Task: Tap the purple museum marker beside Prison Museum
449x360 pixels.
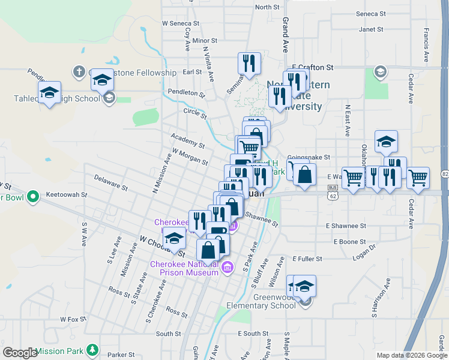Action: tap(226, 267)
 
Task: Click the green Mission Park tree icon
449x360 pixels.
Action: tap(92, 349)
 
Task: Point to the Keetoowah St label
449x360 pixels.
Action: tap(67, 195)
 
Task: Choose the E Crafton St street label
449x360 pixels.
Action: tap(312, 68)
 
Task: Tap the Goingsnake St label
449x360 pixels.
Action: tap(309, 157)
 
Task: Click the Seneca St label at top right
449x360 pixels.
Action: tap(370, 13)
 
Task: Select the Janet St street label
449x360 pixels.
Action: tap(370, 29)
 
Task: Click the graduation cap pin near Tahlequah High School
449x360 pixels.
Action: tap(49, 92)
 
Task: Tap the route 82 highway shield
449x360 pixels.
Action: tap(444, 174)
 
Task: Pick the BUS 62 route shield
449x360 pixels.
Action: tap(332, 191)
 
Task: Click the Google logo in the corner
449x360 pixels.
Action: tap(20, 353)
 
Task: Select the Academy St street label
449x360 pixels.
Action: tap(187, 142)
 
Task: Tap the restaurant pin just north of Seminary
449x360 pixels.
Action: tap(248, 62)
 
